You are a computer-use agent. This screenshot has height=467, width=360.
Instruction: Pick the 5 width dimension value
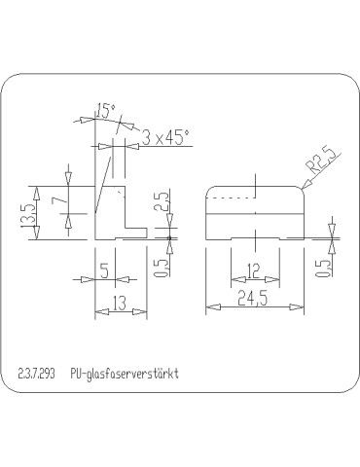pyautogui.click(x=105, y=270)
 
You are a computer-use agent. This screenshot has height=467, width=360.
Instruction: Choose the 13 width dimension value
pyautogui.click(x=119, y=304)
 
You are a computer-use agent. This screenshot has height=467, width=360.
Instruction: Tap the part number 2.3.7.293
pyautogui.click(x=37, y=374)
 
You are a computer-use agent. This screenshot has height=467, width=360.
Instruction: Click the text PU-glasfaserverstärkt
pyautogui.click(x=126, y=374)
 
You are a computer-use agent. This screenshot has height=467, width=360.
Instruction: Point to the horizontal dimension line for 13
pyautogui.click(x=120, y=313)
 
